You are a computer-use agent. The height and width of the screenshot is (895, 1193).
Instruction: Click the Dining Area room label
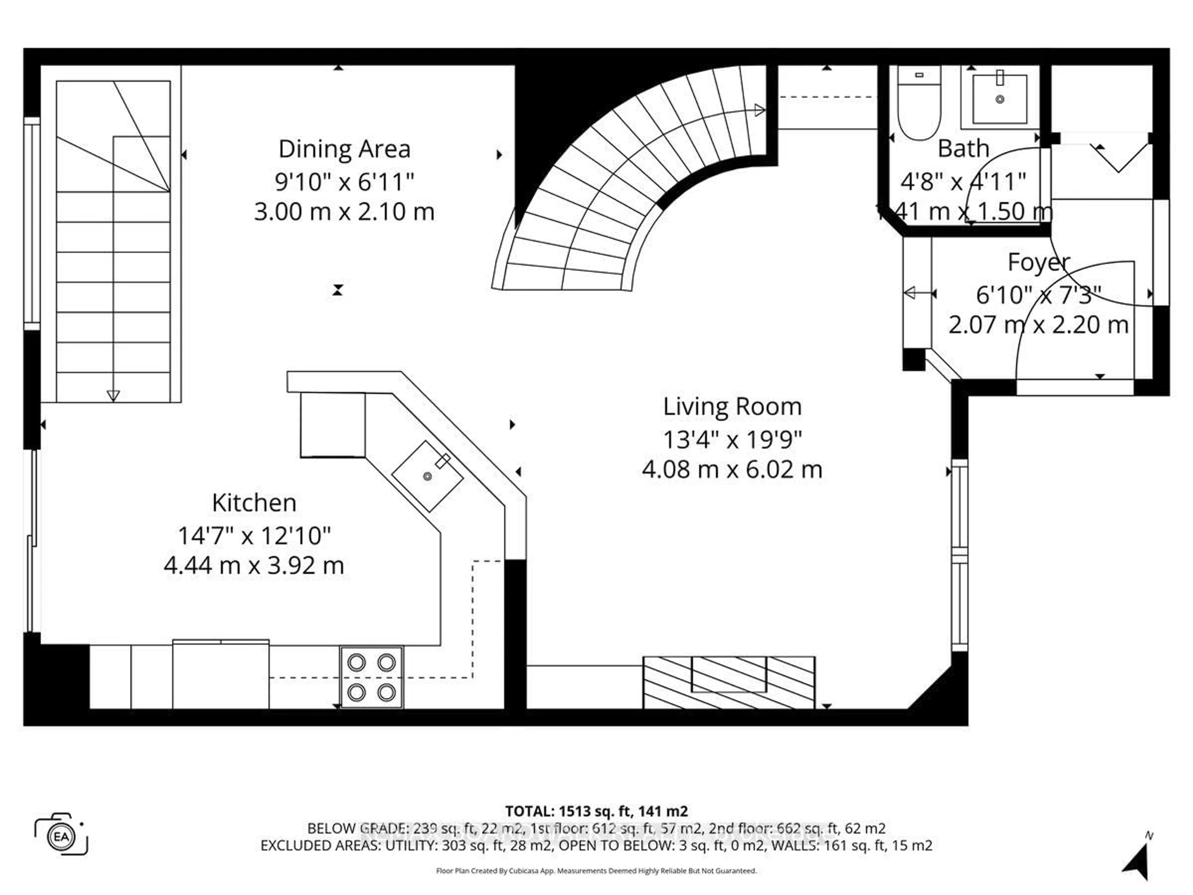tap(344, 149)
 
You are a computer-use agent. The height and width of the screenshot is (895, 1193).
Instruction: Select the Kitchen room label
tap(254, 503)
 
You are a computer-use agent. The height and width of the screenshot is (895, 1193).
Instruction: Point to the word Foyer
tap(1038, 262)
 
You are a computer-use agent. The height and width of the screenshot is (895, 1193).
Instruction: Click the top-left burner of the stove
tap(356, 662)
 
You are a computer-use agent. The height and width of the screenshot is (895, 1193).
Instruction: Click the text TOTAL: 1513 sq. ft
tap(596, 811)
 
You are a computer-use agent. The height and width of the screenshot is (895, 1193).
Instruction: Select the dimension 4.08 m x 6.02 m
tap(732, 469)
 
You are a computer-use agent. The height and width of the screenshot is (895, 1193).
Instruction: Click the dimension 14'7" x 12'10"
tap(254, 536)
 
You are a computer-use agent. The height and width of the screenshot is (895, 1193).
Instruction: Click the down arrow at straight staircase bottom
tap(113, 395)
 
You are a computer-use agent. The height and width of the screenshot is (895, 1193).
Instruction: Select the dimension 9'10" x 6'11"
tap(344, 182)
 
